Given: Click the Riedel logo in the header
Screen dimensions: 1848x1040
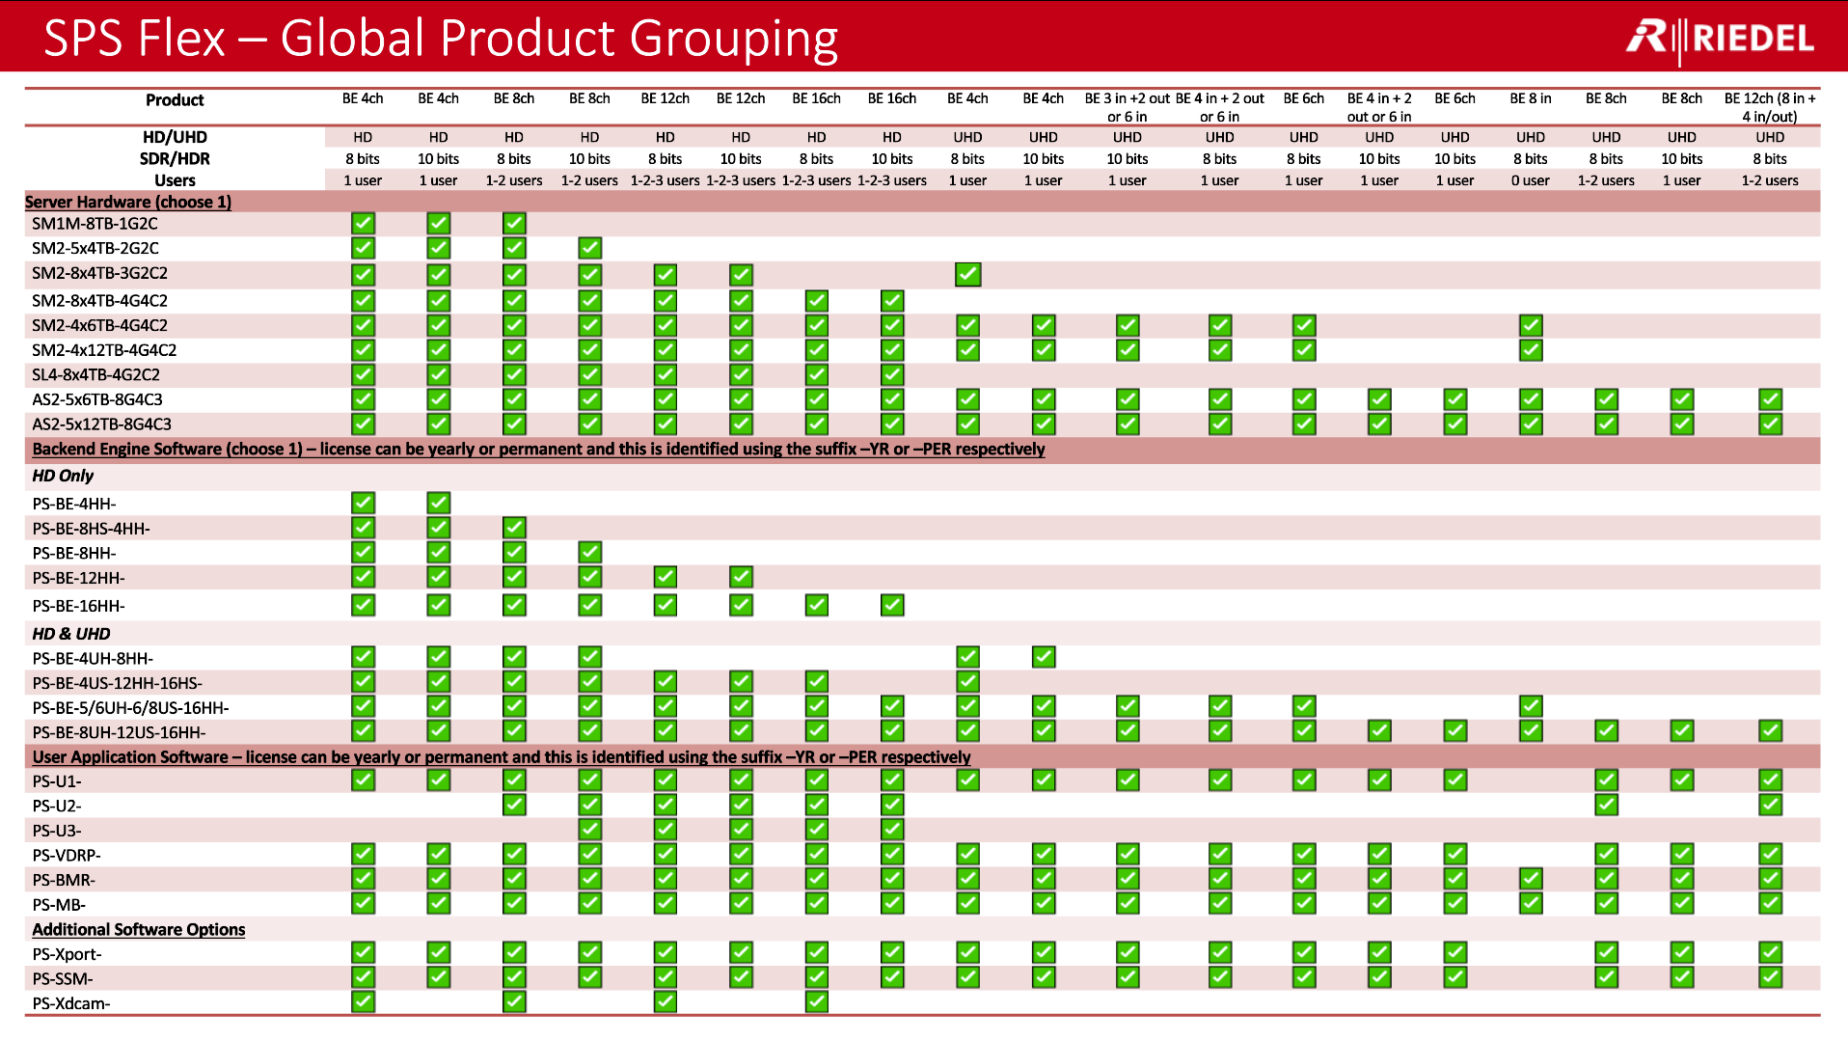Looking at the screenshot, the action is point(1720,39).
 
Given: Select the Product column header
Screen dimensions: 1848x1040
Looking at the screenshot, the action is point(175,100).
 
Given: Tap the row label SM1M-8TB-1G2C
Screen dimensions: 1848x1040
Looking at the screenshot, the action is point(95,224).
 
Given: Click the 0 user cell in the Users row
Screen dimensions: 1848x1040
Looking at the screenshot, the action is point(1531,180).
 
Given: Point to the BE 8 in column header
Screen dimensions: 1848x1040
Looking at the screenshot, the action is point(1531,98).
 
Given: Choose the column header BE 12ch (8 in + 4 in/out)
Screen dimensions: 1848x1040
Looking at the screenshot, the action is point(1770,107).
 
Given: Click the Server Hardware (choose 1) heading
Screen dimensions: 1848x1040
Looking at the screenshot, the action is point(128,202).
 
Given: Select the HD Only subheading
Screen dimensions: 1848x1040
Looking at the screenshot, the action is point(63,476).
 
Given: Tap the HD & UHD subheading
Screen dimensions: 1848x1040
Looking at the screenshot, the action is point(71,634).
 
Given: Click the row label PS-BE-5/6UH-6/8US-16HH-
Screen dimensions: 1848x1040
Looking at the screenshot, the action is point(130,708).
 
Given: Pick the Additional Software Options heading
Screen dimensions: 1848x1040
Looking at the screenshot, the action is point(139,929).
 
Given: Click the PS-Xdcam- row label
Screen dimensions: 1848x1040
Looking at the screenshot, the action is point(71,1003).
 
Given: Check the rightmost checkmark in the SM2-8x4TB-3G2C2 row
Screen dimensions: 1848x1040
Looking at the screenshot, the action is point(968,274).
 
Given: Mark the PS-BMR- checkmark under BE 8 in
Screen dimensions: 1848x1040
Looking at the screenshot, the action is point(1531,879).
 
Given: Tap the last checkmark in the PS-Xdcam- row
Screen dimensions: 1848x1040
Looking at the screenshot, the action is point(817,1001).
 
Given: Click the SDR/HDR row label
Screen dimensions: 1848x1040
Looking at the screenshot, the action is point(175,159).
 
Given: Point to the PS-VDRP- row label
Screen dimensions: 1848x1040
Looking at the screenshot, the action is point(67,856).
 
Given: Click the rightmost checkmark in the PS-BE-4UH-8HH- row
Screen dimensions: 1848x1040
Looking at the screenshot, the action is point(1044,657).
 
